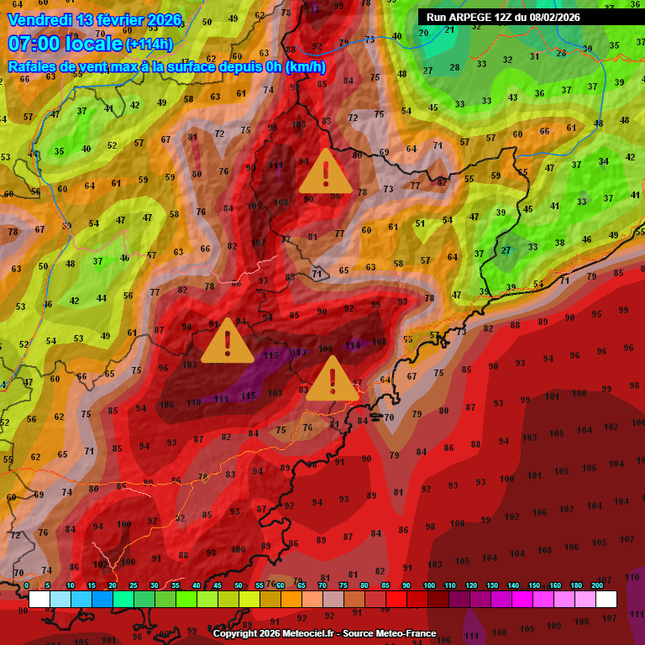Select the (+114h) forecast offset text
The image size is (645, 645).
[x=149, y=45]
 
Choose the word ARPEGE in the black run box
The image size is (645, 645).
[x=471, y=17]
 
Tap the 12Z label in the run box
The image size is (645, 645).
[x=506, y=17]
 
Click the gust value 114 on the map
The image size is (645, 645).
[x=353, y=345]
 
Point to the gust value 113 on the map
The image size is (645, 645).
[x=299, y=352]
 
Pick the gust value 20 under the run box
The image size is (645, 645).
[x=423, y=33]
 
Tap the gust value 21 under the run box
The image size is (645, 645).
[x=450, y=30]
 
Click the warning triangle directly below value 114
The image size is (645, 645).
[x=333, y=380]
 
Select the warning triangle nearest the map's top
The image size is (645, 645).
[x=325, y=172]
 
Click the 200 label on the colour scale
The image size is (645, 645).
[x=597, y=585]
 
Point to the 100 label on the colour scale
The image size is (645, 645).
[x=428, y=585]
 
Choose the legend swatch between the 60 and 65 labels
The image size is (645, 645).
[x=291, y=599]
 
